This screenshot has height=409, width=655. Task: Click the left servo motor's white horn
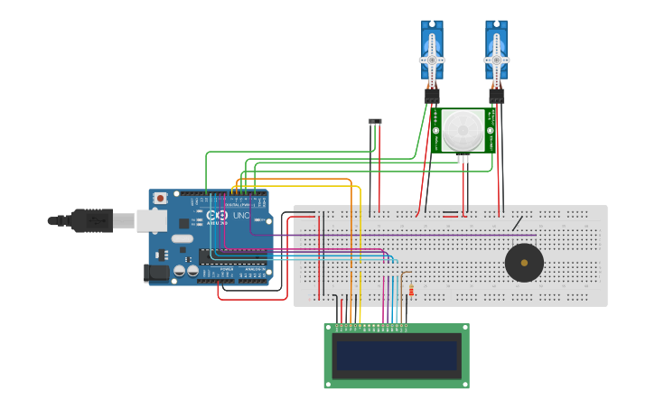click(432, 60)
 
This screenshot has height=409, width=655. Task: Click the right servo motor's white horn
click(496, 60)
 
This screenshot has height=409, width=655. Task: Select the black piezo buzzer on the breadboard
click(524, 263)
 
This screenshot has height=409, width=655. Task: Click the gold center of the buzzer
click(524, 263)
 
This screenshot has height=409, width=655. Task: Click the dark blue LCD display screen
click(397, 356)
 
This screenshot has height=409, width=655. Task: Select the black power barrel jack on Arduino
click(156, 272)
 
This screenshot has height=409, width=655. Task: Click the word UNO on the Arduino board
click(241, 216)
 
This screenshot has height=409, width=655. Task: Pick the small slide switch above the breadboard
click(375, 121)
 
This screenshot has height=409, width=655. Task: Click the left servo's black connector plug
click(432, 95)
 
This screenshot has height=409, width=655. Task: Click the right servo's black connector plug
click(496, 95)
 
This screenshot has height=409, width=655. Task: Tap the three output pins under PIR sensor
click(463, 159)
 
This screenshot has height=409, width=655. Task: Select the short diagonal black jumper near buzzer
click(517, 222)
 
